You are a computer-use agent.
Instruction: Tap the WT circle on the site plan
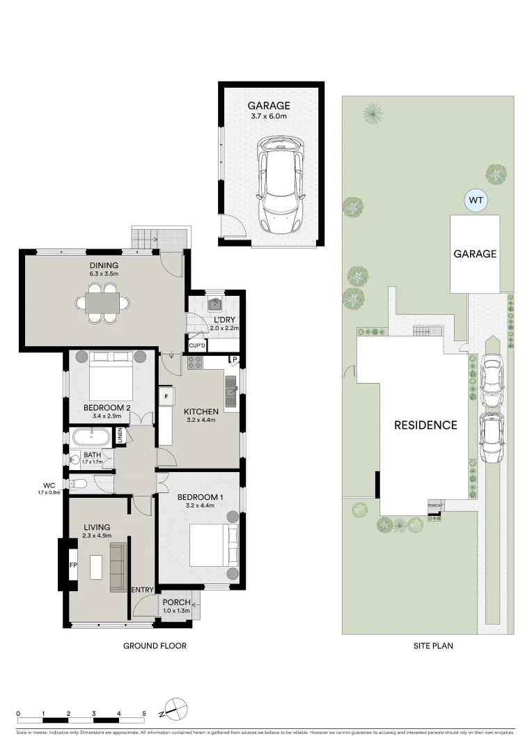click(x=476, y=201)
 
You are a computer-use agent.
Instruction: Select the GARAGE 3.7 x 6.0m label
click(x=269, y=111)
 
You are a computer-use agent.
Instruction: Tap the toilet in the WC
click(x=77, y=483)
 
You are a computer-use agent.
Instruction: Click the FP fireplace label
click(x=72, y=565)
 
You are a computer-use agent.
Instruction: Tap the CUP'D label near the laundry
click(x=197, y=345)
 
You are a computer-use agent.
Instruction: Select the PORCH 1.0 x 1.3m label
click(x=177, y=606)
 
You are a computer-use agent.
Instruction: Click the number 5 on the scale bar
click(x=144, y=713)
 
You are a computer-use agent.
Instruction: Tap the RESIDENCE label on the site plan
click(x=425, y=425)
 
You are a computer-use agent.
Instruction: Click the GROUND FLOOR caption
click(x=155, y=645)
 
